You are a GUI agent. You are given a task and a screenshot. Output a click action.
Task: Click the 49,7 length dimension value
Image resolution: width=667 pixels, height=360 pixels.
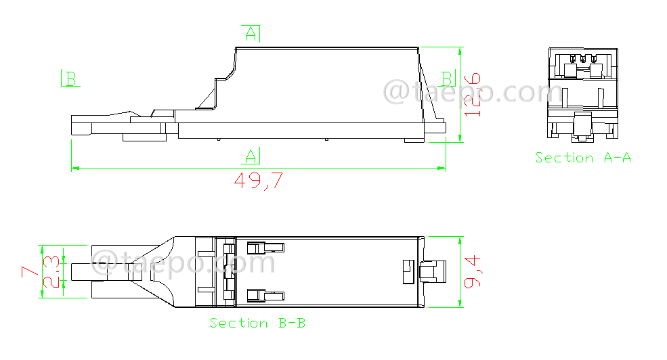click(258, 181)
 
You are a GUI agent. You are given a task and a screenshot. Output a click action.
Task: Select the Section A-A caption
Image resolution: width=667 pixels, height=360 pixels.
click(583, 158)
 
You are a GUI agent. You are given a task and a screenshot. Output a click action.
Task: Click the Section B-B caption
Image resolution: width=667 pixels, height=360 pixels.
click(257, 323)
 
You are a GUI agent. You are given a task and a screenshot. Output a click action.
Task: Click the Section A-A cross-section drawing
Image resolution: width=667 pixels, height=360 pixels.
click(583, 95)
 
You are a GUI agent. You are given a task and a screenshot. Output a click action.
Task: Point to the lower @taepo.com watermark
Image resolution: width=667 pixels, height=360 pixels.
click(183, 263)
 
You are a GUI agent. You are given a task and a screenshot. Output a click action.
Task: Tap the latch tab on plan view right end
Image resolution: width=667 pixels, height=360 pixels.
click(433, 272)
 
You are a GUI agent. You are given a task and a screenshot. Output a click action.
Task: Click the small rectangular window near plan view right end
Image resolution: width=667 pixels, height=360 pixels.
click(407, 271)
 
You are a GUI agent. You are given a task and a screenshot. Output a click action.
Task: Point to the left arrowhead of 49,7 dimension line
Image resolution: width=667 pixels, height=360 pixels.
click(75, 167)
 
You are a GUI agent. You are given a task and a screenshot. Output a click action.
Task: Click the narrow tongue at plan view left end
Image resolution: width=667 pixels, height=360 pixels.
click(80, 271)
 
